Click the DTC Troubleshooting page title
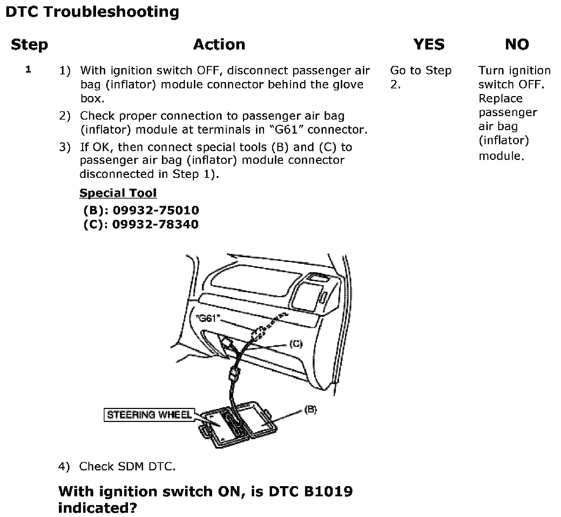point(92,12)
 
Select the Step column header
point(29,45)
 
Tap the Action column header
point(219,45)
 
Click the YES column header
point(429,45)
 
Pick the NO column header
point(517,45)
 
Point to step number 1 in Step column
point(28,69)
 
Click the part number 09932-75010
point(156,210)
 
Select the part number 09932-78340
point(155,224)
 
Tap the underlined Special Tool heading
point(118,193)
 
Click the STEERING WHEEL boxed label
point(149,415)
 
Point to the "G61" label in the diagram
point(208,318)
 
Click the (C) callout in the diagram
point(296,344)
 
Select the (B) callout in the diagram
point(310,409)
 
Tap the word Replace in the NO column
point(500,99)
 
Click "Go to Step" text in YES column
point(421,70)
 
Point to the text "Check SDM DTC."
point(127,466)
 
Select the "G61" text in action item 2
point(287,130)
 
